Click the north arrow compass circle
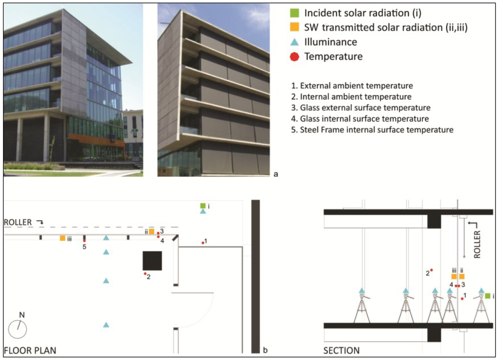tap(18, 329)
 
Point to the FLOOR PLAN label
tap(30, 350)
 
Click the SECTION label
tap(342, 350)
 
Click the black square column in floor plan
tap(152, 261)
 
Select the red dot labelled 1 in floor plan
tap(203, 242)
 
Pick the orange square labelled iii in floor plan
tap(62, 238)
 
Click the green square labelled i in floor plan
tap(203, 206)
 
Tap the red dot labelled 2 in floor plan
tap(145, 274)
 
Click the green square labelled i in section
tap(488, 296)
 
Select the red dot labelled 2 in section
tap(431, 270)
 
